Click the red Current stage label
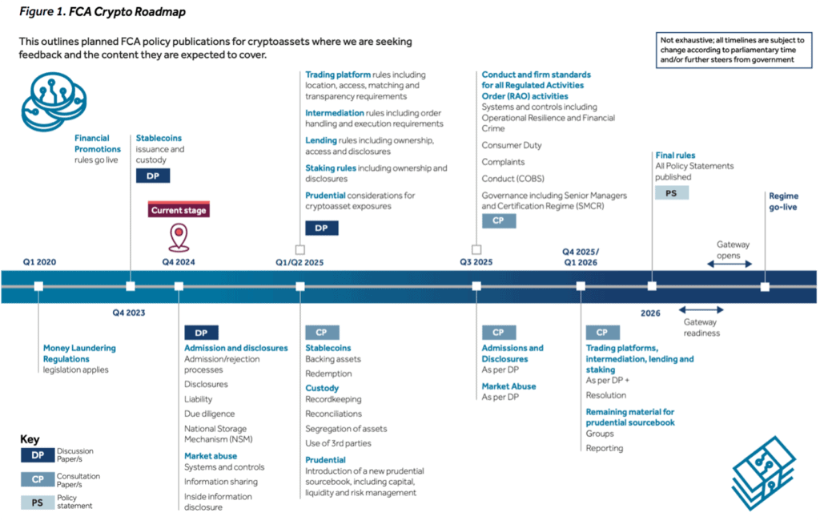click(x=179, y=210)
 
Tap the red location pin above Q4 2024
click(x=179, y=237)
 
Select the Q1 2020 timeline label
click(x=39, y=262)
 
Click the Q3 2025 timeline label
click(x=476, y=262)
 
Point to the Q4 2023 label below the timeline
click(x=129, y=313)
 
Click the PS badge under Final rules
click(x=672, y=193)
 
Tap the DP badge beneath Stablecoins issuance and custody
click(x=153, y=176)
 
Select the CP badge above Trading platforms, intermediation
click(x=602, y=333)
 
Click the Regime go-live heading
click(x=783, y=202)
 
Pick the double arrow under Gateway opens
click(x=730, y=264)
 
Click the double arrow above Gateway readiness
click(x=701, y=310)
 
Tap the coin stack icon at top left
click(x=54, y=102)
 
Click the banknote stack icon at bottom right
click(x=763, y=474)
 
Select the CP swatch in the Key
click(x=38, y=479)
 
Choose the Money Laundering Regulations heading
click(x=79, y=353)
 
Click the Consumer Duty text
click(x=512, y=145)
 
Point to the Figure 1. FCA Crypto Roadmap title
click(x=102, y=11)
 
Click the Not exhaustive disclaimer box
click(x=734, y=50)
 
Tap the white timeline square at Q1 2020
click(x=38, y=286)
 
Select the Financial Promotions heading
click(x=97, y=143)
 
